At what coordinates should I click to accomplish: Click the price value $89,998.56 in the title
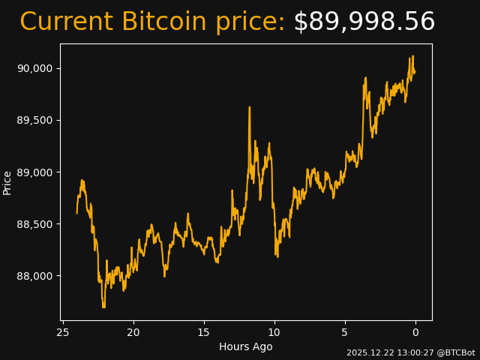tap(364, 22)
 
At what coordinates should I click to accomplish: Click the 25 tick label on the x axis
tap(63, 332)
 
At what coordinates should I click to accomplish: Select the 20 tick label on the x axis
tap(133, 332)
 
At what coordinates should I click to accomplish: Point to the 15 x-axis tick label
tap(204, 332)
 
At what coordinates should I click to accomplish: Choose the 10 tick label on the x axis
tap(274, 332)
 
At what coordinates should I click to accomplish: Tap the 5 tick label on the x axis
tap(345, 332)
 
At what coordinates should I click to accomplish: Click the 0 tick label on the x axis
tap(415, 332)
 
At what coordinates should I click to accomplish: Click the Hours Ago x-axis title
tap(246, 346)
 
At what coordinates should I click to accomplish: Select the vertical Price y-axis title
tap(7, 182)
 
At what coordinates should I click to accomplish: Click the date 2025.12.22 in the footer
tap(368, 352)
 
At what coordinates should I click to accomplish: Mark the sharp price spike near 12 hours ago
tap(250, 108)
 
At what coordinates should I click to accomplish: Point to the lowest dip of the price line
tap(103, 306)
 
